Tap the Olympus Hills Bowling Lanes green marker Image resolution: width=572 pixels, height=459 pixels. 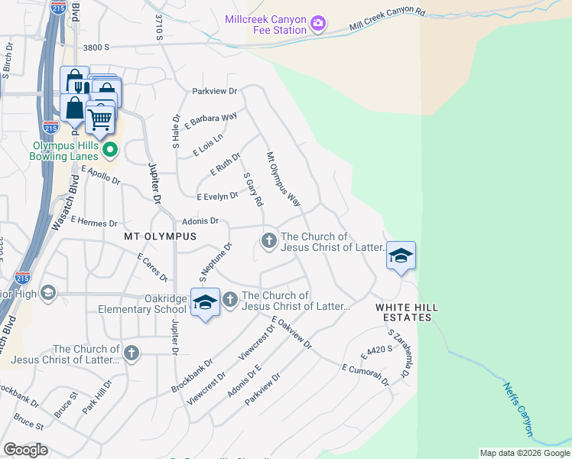pyautogui.click(x=109, y=149)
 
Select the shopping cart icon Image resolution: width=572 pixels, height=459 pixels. pyautogui.click(x=100, y=119)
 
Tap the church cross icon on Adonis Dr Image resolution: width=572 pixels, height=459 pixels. pyautogui.click(x=268, y=241)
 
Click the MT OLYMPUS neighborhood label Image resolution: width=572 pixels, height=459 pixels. pyautogui.click(x=160, y=237)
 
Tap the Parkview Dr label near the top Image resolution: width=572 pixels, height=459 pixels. pyautogui.click(x=216, y=90)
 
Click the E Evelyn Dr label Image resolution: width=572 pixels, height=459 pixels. pyautogui.click(x=217, y=197)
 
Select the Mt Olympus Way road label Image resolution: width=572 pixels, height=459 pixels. pyautogui.click(x=283, y=179)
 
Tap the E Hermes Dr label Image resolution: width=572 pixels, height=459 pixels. pyautogui.click(x=93, y=221)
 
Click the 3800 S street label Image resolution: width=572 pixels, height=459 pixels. pyautogui.click(x=96, y=47)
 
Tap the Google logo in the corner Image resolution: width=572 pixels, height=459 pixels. pyautogui.click(x=25, y=450)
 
